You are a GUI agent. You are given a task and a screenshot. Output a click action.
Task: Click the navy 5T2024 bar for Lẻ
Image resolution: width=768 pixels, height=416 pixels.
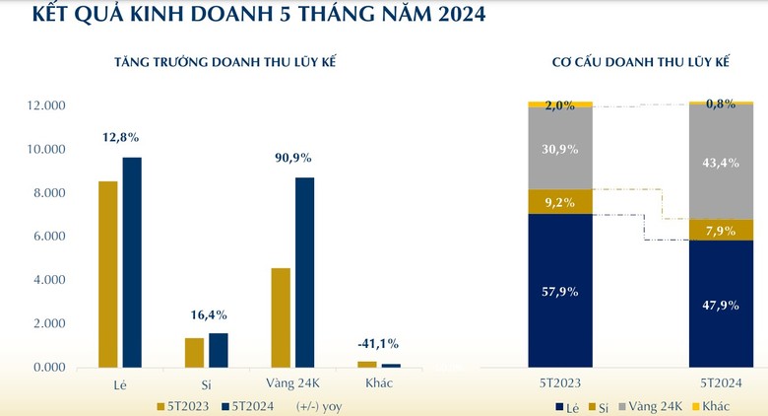point(132,262)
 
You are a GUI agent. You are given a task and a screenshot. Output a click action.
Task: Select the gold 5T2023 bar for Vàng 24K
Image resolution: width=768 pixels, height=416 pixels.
point(281,317)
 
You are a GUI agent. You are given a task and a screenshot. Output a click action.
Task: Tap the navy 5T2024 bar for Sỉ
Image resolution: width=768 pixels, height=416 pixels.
point(219,350)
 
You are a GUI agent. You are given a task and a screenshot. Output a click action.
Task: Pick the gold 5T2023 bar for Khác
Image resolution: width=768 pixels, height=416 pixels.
point(367,365)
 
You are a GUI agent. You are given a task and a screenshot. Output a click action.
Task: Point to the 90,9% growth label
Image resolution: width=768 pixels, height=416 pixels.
point(292,158)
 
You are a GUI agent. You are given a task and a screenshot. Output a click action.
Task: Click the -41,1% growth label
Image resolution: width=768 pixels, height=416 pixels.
point(378,344)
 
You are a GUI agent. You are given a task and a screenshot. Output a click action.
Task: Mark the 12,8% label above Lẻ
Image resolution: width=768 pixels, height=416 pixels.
point(120,137)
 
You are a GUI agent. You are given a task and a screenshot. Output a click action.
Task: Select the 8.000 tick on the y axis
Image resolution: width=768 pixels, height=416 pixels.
point(49,193)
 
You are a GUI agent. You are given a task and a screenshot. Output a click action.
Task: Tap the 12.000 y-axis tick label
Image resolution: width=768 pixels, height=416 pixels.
point(45,105)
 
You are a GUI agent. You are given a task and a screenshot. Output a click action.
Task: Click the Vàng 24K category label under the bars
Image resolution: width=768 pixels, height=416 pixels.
point(292,382)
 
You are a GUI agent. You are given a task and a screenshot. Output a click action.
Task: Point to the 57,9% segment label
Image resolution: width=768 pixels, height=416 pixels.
point(560,292)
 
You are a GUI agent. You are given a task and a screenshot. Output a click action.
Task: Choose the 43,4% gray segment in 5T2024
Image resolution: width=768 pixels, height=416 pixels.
point(721,162)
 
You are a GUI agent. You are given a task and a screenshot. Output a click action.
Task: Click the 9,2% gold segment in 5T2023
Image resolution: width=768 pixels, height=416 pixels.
point(560,202)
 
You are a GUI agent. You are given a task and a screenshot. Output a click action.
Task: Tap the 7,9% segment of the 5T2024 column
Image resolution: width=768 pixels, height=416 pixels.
point(721,230)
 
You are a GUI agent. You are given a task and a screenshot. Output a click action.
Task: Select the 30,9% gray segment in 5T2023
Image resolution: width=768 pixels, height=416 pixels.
point(560,149)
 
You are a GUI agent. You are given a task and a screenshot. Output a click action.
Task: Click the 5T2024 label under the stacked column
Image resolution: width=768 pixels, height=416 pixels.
point(721,382)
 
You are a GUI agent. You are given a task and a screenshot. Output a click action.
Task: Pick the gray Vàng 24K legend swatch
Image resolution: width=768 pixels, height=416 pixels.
point(622,407)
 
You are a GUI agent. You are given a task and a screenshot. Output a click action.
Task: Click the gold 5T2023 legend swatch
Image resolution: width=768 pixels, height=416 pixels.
point(160,407)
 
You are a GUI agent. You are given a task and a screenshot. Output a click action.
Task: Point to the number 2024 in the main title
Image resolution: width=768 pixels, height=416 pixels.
point(462,14)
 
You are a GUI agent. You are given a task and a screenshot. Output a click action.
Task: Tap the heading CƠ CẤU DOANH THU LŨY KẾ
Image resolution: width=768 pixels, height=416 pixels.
point(641,62)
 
